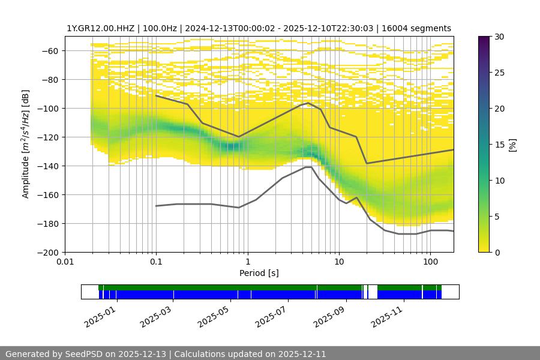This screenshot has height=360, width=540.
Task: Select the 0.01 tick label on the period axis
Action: point(65,261)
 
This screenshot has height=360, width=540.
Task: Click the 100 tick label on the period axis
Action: point(430,261)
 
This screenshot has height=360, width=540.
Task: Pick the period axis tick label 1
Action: point(248,261)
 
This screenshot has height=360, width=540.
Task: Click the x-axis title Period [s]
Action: point(259,273)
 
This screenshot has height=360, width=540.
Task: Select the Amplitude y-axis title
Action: point(25,144)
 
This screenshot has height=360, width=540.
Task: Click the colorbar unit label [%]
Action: point(512,145)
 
